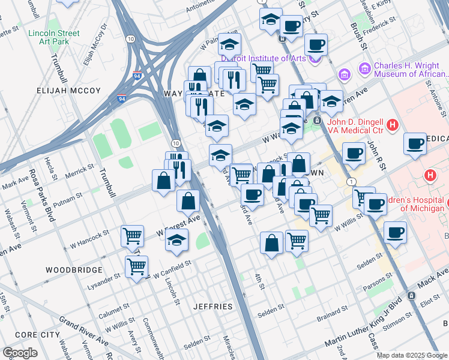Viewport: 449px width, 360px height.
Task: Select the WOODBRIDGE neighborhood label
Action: point(74,270)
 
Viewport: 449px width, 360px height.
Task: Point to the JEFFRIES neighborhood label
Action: point(213,307)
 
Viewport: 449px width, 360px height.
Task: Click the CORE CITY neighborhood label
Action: point(37,334)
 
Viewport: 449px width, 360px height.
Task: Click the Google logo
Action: point(20,353)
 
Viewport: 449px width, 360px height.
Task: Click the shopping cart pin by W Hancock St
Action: point(132,235)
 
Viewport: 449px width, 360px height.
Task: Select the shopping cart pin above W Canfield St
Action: point(137,266)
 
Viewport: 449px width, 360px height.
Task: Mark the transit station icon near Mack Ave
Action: point(411,296)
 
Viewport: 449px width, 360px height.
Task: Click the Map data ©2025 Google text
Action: point(411,355)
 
